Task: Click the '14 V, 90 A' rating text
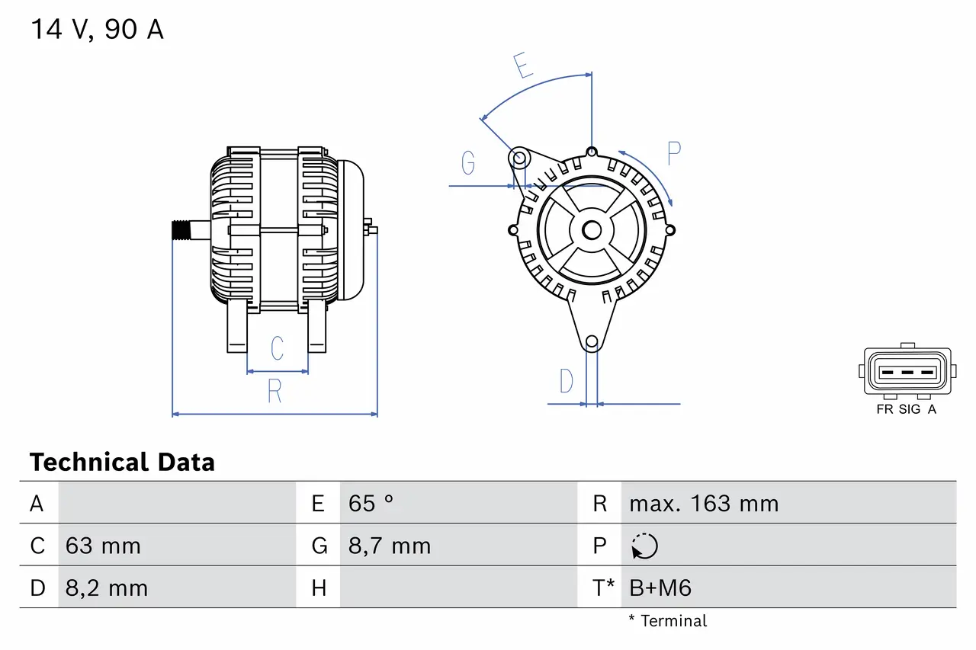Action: [x=97, y=30]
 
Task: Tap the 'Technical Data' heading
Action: [x=122, y=462]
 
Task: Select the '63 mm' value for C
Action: [x=103, y=546]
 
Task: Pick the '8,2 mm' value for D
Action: [x=106, y=588]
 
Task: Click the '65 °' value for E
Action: [x=371, y=504]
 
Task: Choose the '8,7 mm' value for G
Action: [x=389, y=546]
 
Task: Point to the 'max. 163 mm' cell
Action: [x=703, y=504]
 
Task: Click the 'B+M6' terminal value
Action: [x=660, y=588]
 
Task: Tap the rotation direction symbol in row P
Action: [x=644, y=546]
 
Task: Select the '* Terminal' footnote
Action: [x=668, y=621]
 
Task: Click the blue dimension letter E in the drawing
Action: [x=523, y=67]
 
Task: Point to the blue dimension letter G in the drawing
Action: [x=468, y=162]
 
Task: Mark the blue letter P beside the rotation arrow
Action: [x=673, y=153]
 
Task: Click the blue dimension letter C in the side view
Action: [x=278, y=348]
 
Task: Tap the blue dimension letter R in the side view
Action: [x=274, y=391]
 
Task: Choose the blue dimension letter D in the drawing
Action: [x=566, y=381]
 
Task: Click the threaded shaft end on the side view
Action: [x=180, y=230]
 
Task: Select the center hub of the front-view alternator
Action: [x=592, y=229]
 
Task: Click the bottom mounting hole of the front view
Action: [x=592, y=342]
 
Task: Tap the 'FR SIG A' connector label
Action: [x=906, y=409]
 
